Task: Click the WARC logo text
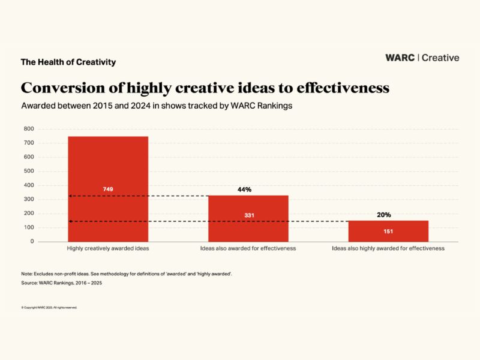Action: (401, 58)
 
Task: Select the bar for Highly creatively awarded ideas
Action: (107, 168)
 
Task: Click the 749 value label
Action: (107, 189)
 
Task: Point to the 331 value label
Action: (248, 215)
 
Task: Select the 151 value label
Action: (388, 231)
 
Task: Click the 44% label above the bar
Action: (244, 189)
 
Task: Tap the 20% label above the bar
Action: (383, 214)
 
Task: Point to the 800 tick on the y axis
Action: (28, 129)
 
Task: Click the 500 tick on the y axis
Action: (28, 171)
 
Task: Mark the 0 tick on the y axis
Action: (32, 241)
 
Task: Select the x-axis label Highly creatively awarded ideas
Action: (107, 248)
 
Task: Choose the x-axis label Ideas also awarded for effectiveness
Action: (248, 248)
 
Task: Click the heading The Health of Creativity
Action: (68, 62)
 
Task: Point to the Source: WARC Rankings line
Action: (61, 283)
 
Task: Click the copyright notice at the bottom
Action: (49, 307)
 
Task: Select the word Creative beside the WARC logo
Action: (440, 58)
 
